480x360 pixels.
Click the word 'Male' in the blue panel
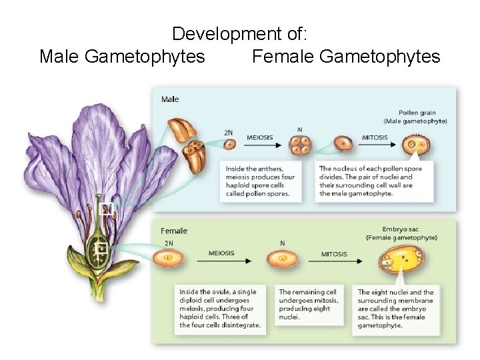tap(170, 99)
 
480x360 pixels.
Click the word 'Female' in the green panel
tap(174, 231)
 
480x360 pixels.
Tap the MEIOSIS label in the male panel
tap(260, 137)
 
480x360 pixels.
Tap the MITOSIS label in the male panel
tap(375, 137)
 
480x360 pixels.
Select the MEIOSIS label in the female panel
tap(221, 253)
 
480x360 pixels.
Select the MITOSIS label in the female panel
tap(334, 253)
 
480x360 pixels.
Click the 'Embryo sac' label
tap(401, 229)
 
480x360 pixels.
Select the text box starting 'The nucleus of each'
tap(375, 181)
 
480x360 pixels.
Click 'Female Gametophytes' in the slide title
tap(346, 57)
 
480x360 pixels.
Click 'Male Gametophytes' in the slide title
tap(122, 57)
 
